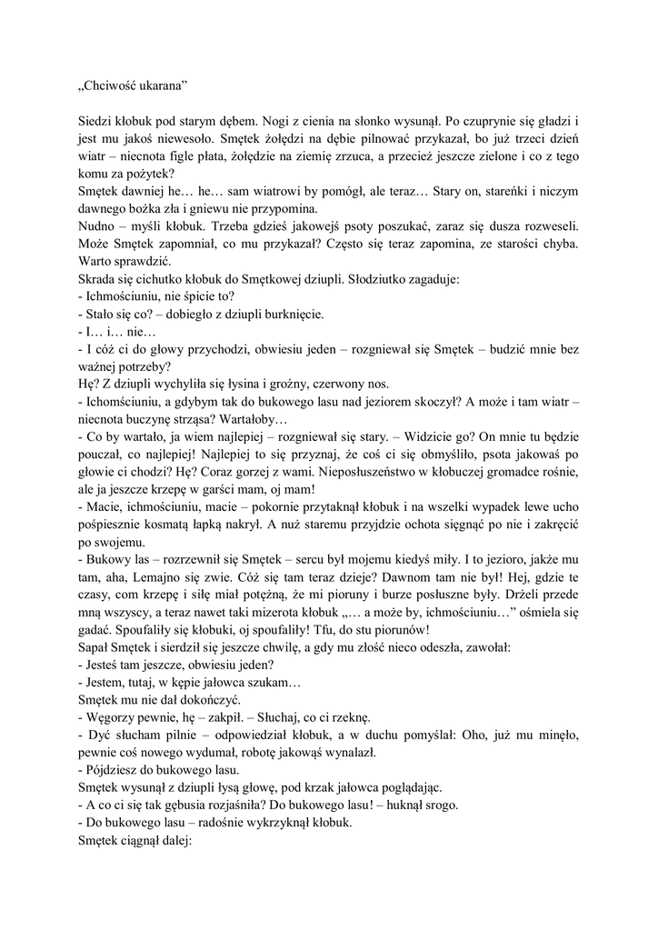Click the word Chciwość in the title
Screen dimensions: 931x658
(x=112, y=86)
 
